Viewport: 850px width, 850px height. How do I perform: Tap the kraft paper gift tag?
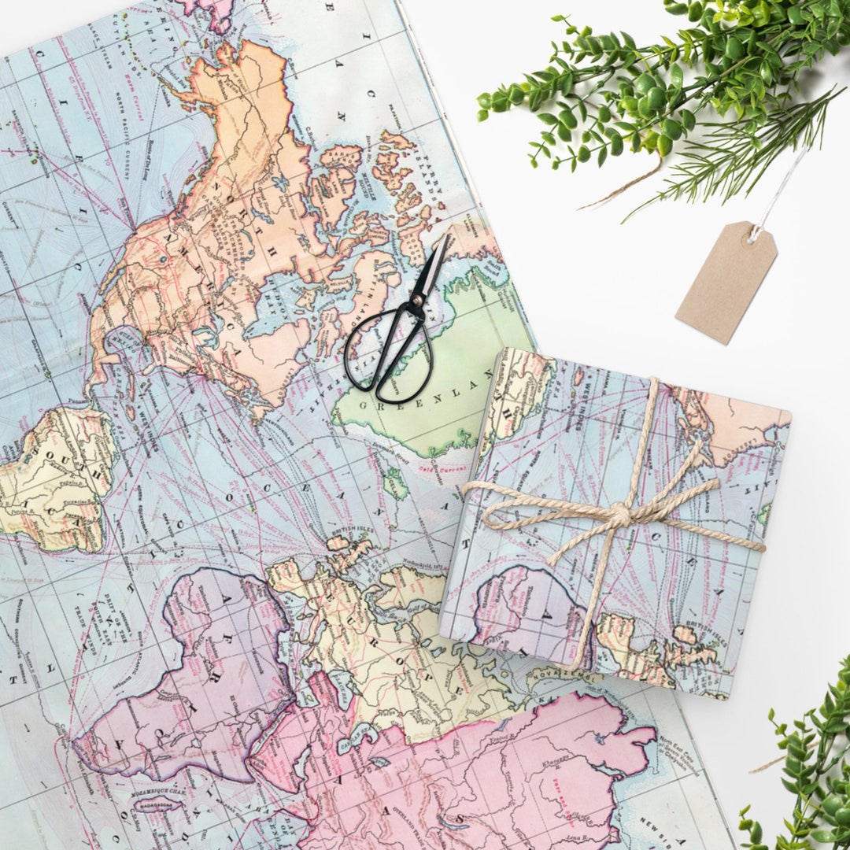726,282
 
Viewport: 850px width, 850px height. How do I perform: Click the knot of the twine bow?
619,516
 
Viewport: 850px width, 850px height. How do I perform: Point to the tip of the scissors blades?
446,238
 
